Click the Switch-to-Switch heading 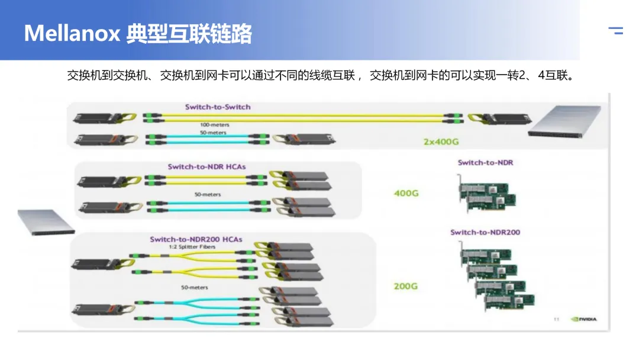tap(218, 107)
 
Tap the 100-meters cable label tap(214, 125)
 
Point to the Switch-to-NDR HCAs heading tap(206, 167)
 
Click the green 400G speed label tap(406, 193)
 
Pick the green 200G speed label tap(406, 286)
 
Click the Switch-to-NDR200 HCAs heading tap(196, 239)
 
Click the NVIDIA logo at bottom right tap(583, 319)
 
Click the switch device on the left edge tap(46, 221)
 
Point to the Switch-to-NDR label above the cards tap(485, 163)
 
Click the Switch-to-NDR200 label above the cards tap(485, 232)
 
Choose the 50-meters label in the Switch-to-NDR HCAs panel tap(208, 194)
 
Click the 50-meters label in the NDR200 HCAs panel tap(195, 288)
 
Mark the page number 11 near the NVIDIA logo tap(556, 319)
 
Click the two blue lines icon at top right tap(616, 31)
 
